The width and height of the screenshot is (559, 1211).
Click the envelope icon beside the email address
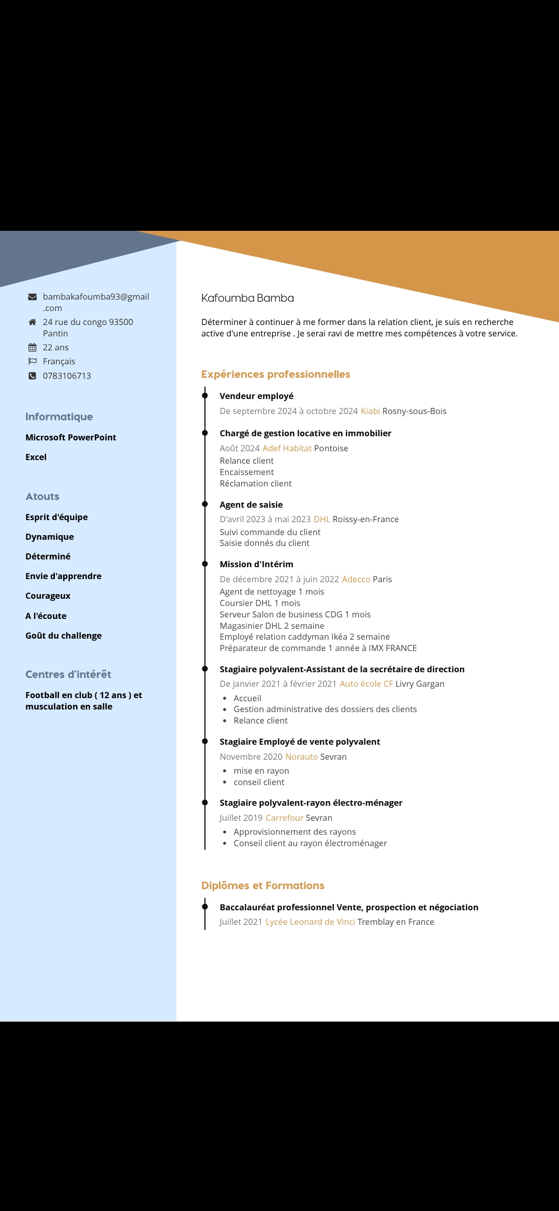coord(32,297)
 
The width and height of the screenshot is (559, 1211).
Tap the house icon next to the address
coord(32,322)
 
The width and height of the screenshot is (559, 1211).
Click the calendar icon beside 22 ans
coord(32,347)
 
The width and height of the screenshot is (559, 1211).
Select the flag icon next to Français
coord(32,361)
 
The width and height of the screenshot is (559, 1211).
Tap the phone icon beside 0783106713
coord(32,376)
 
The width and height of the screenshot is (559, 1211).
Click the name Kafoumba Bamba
coord(247,298)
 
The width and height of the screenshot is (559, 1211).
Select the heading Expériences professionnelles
coord(275,374)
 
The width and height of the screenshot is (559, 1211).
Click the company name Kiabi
coord(370,411)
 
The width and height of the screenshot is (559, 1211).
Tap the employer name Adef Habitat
coord(287,448)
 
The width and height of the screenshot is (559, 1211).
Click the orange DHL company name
coord(321,519)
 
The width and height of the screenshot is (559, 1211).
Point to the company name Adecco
coord(356,579)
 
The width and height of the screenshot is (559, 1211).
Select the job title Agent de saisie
coord(251,505)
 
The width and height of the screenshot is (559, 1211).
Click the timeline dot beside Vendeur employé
coord(205,396)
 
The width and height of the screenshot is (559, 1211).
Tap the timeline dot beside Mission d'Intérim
coord(205,564)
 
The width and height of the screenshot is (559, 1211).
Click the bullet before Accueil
coord(225,699)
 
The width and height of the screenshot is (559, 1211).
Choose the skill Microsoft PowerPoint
coord(70,437)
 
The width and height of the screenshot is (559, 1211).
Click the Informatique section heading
coord(59,417)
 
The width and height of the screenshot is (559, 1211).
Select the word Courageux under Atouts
coord(48,596)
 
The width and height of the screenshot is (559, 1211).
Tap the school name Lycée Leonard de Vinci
coord(310,922)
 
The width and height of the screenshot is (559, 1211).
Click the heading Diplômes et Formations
coord(262,885)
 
